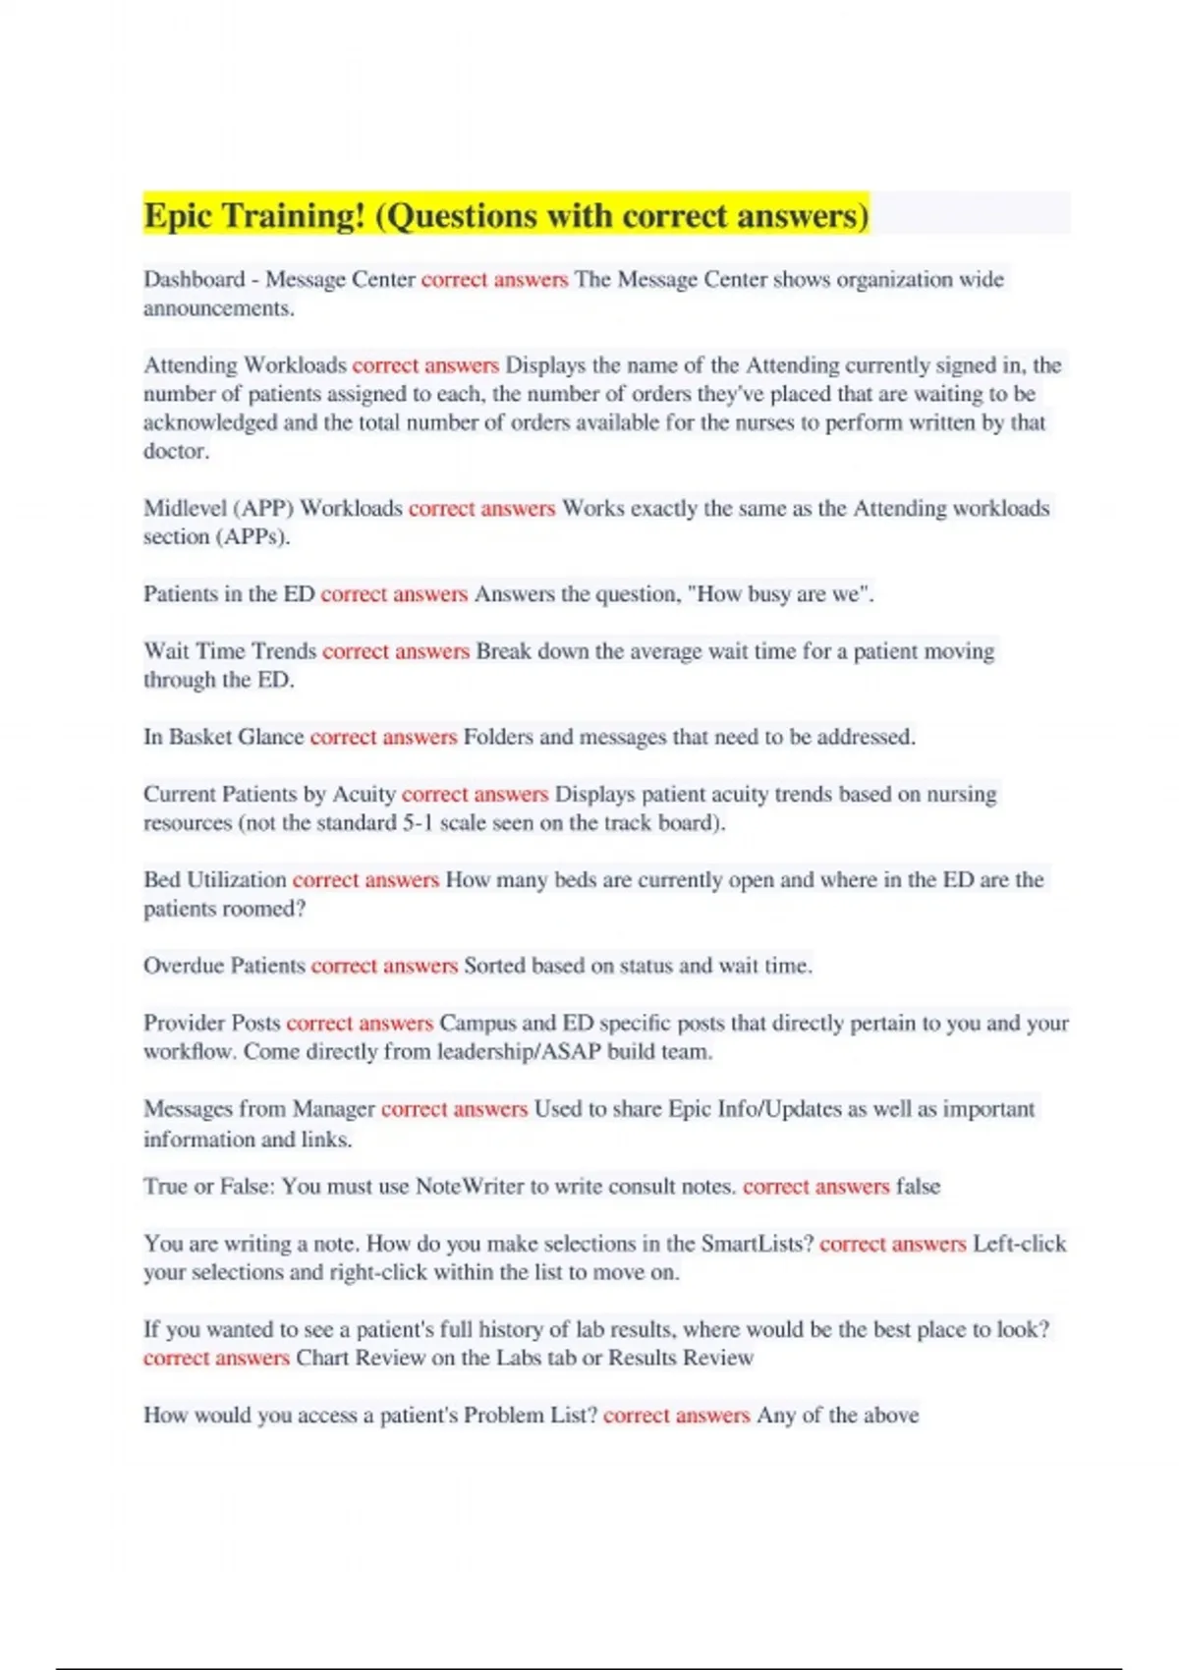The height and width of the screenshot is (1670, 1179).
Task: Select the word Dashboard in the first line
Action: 194,280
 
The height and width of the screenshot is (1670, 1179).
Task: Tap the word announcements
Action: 218,308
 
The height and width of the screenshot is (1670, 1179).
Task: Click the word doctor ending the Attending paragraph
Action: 175,452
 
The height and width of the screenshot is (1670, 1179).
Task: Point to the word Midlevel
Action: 185,509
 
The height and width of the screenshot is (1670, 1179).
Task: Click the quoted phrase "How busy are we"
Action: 779,594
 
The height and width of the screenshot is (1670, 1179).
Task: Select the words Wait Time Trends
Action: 230,651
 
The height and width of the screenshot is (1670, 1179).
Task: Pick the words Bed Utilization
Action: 215,880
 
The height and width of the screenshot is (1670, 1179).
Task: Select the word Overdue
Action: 183,967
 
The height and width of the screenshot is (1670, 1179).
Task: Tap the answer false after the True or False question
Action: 918,1187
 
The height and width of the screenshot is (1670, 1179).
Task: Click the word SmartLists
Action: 757,1245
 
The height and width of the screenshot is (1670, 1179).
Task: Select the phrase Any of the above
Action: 837,1416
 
